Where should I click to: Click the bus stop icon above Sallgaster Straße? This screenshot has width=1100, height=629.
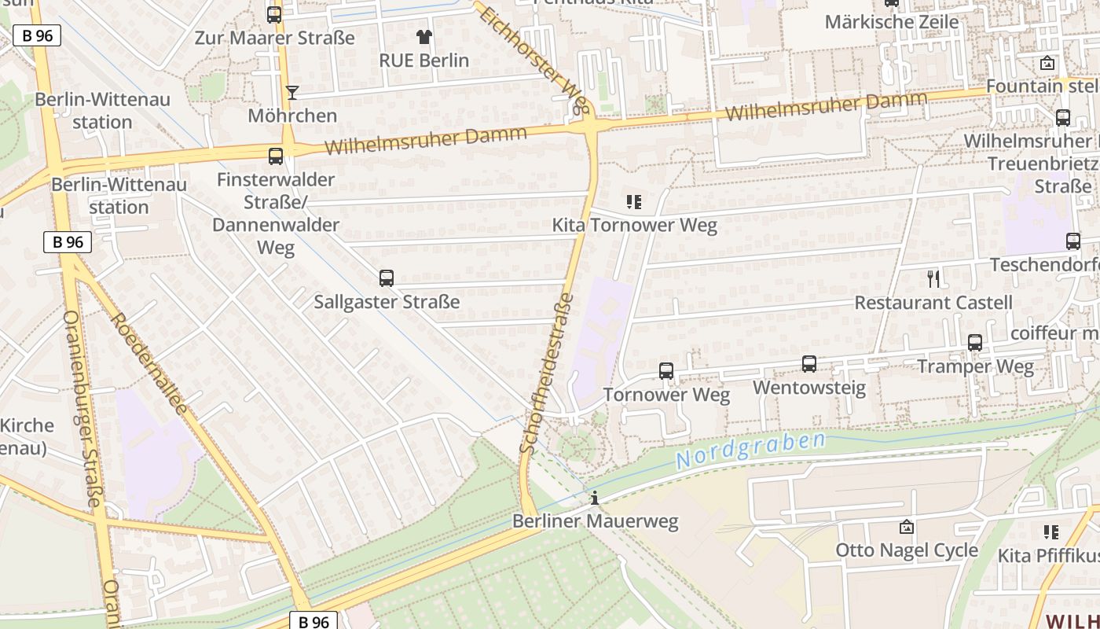pos(386,278)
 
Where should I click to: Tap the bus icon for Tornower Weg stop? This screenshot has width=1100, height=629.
pos(665,370)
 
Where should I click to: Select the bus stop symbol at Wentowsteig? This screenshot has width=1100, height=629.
pos(808,363)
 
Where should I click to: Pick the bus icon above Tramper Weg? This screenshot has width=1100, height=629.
pos(974,342)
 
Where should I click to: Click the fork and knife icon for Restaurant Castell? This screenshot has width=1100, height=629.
pos(933,278)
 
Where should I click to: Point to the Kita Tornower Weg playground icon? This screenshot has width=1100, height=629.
pos(634,202)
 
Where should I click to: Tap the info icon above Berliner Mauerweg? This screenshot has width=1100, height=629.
pos(594,497)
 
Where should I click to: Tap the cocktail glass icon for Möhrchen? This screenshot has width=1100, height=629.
pos(291,92)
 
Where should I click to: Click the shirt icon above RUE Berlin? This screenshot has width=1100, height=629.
pos(423,36)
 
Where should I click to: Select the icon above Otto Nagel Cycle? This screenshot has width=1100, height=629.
pos(906,526)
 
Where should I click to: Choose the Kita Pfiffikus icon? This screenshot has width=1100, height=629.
pos(1050,532)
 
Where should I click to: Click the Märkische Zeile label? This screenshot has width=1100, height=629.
pos(891,21)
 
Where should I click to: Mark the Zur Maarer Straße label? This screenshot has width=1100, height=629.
pos(274,38)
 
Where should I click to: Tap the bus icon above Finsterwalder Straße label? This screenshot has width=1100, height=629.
pos(275,156)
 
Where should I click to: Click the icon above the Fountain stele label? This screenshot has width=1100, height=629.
pos(1047,63)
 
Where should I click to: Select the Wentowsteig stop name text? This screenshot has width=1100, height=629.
pos(808,388)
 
